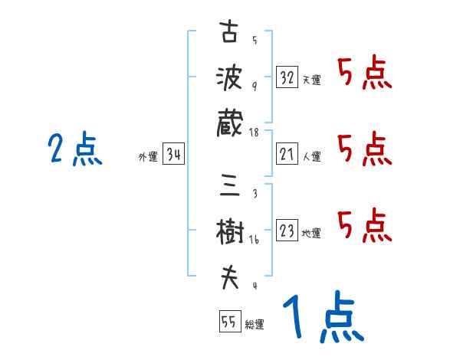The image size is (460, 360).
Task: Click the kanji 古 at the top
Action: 228,33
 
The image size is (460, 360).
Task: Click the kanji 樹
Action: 228,233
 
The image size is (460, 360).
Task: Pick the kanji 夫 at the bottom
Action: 228,277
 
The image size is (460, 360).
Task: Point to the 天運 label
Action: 311,80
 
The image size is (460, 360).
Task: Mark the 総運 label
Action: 255,324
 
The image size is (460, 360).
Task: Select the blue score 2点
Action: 74,149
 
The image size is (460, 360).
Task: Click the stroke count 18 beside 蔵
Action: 255,133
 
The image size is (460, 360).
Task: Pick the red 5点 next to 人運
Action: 364,149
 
